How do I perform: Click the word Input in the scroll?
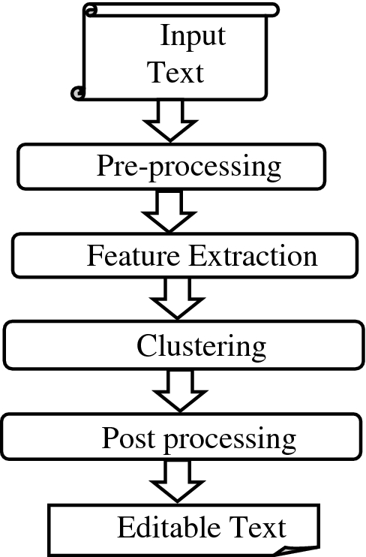(x=193, y=36)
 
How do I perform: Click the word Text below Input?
(x=175, y=74)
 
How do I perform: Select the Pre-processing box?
(x=171, y=167)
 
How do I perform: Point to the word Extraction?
(x=253, y=256)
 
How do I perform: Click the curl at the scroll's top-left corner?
(x=91, y=11)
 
